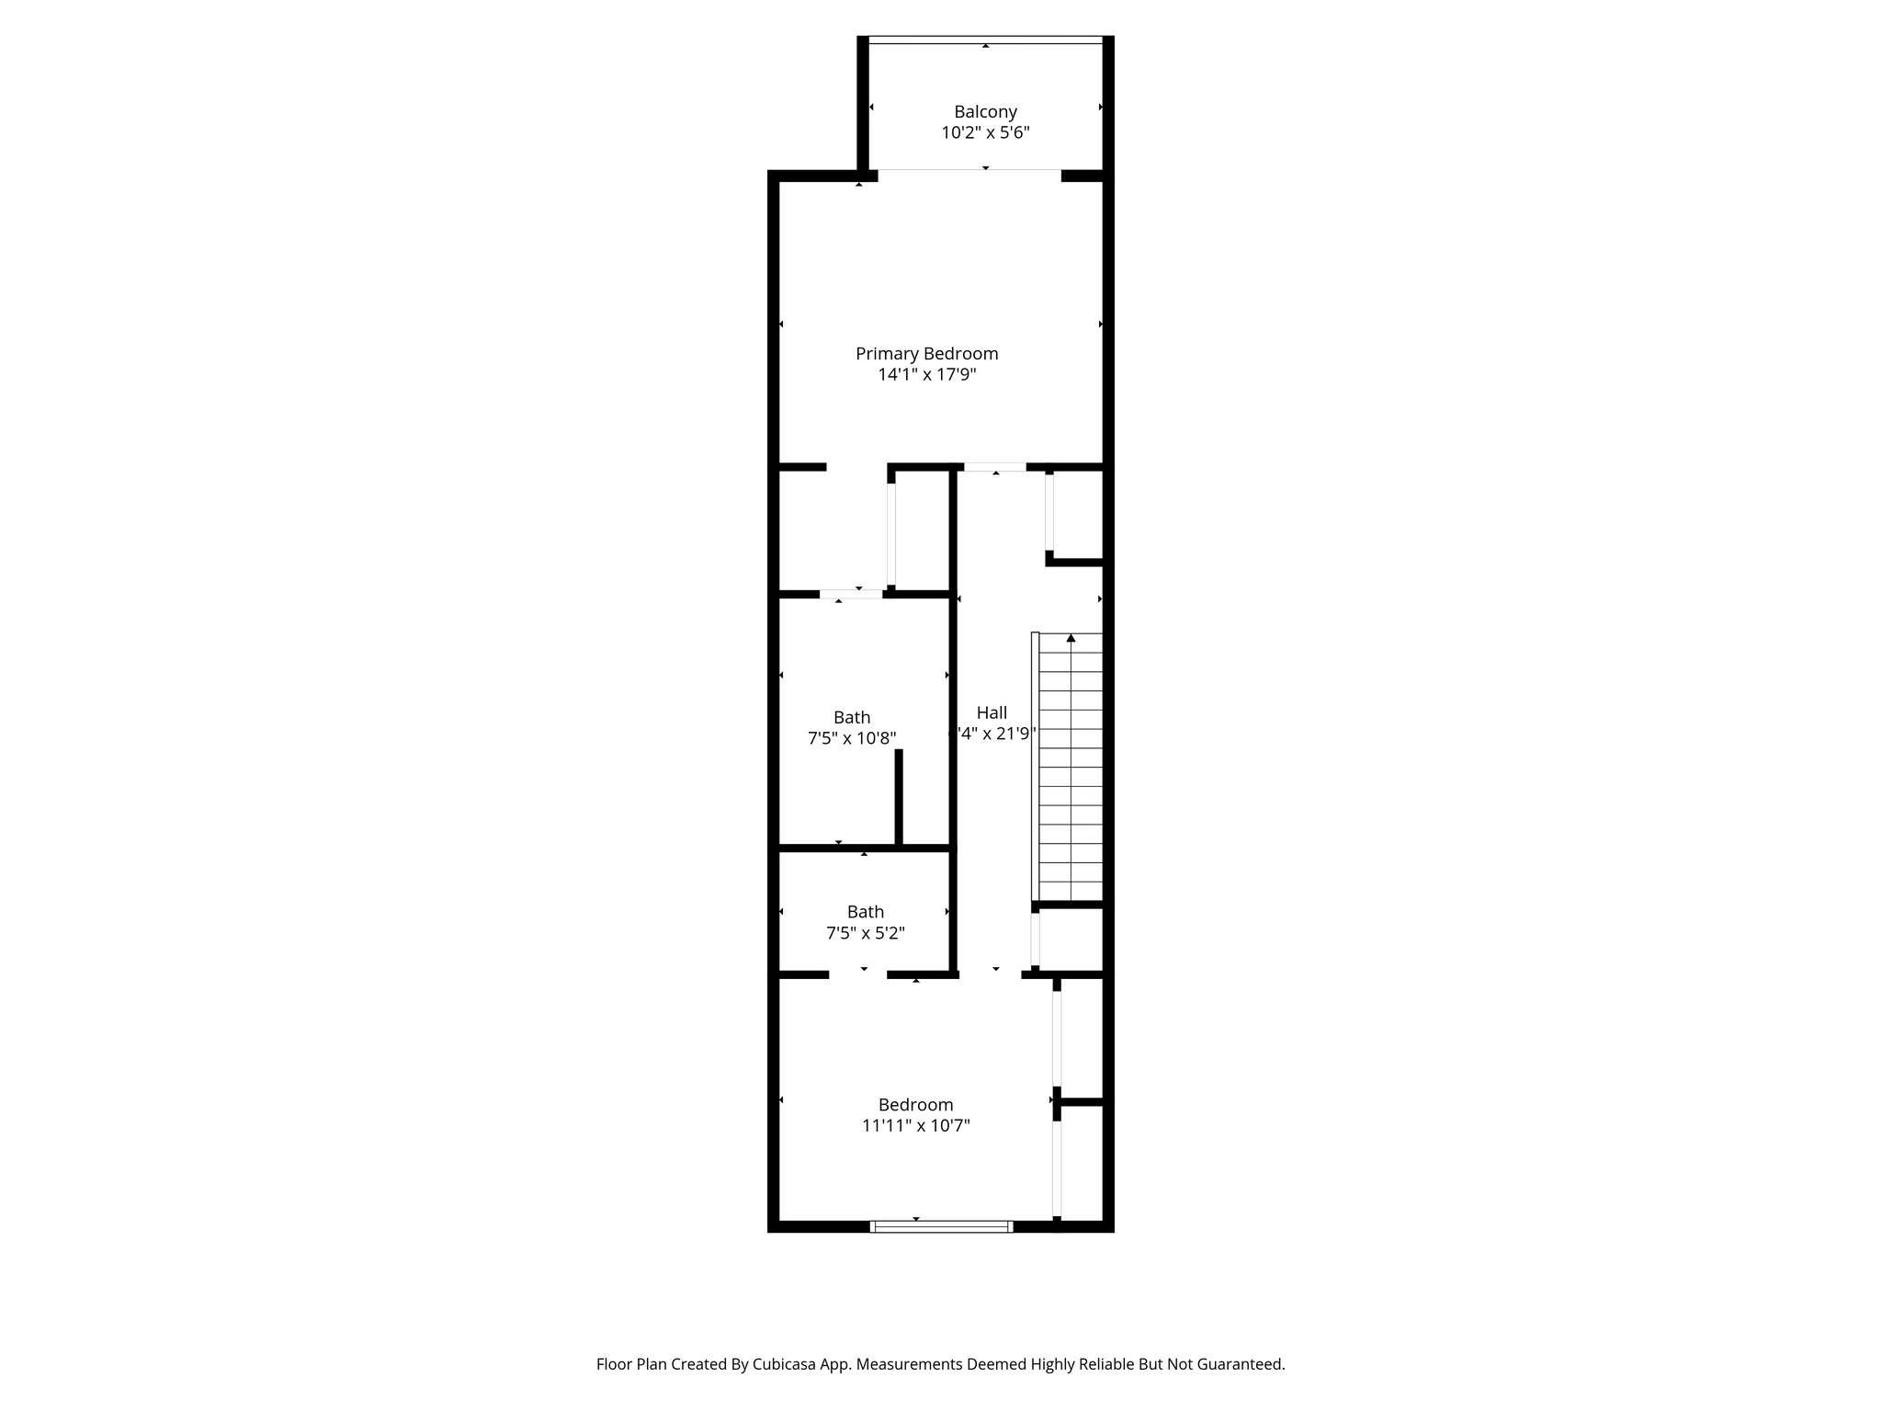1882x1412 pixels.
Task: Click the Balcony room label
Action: point(985,112)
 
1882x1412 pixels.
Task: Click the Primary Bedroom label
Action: point(926,354)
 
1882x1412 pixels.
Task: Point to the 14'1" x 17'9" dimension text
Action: point(926,375)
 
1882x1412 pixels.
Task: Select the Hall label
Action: point(992,712)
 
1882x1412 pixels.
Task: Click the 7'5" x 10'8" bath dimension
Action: point(852,738)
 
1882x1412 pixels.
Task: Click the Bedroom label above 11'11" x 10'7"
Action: point(915,1105)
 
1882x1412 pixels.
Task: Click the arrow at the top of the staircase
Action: point(1071,638)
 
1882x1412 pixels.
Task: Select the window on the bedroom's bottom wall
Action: point(941,1226)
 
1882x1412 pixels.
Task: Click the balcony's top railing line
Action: point(985,40)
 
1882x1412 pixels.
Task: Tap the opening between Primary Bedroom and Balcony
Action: point(969,173)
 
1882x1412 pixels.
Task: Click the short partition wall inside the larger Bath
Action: point(899,796)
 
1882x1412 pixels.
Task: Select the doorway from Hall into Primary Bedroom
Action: point(994,468)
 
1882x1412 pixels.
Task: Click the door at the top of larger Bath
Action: point(851,595)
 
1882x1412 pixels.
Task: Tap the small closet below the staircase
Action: point(1071,939)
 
